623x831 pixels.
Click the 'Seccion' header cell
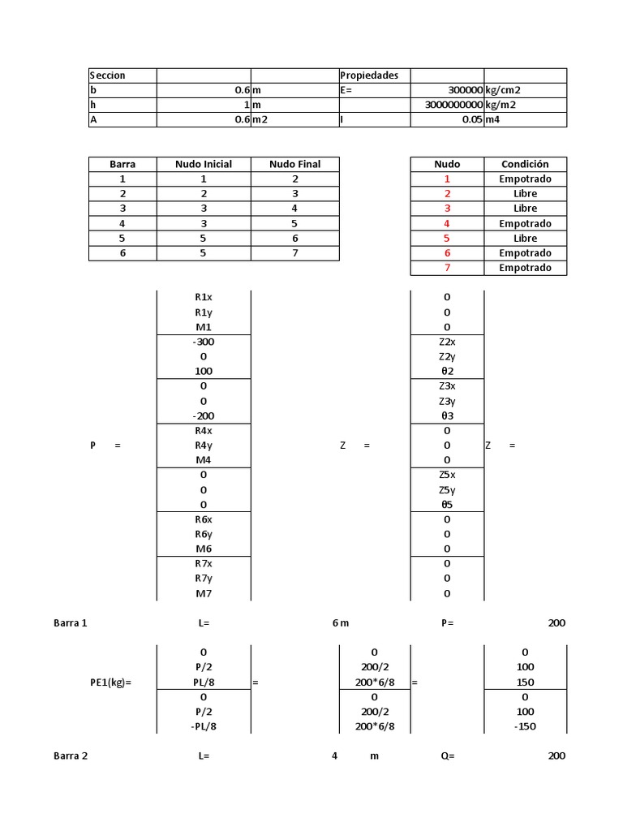pos(108,75)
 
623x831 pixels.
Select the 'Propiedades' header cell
pos(369,75)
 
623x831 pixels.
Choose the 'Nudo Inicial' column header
pos(204,164)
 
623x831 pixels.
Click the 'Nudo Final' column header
pos(295,164)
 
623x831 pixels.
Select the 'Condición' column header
pos(525,164)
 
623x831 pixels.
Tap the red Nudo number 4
pos(447,223)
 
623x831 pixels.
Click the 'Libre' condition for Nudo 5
pos(525,239)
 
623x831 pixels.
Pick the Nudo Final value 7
pos(295,253)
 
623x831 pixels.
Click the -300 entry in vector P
pos(204,342)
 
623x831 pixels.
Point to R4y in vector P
pos(204,446)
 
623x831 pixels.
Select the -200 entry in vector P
pos(204,416)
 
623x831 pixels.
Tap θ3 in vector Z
pos(447,416)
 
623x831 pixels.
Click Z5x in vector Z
pos(447,475)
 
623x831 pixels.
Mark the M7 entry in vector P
pos(204,593)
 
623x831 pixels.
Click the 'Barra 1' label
pos(71,623)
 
